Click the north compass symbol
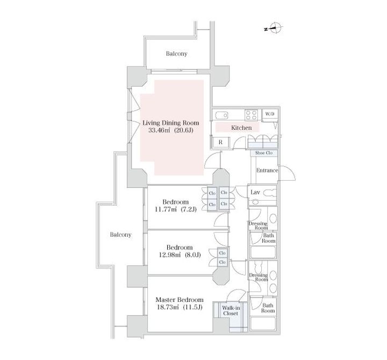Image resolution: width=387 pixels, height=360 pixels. point(274,28)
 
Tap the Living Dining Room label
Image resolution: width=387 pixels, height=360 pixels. point(171,123)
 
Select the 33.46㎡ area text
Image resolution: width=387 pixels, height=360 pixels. point(159,130)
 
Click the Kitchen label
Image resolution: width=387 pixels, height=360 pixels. point(241,128)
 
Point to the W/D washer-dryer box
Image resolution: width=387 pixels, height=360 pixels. point(270,114)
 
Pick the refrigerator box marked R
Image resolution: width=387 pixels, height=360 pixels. point(220,142)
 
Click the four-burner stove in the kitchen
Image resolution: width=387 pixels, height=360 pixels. point(251,115)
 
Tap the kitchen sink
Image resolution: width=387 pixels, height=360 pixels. point(221,115)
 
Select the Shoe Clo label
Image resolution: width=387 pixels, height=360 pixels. point(263,153)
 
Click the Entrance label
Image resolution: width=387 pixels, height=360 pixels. point(267,170)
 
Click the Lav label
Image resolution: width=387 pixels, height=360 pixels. point(255,192)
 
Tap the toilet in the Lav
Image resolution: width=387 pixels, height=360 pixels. point(269,193)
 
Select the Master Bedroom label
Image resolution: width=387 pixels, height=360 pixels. point(180,300)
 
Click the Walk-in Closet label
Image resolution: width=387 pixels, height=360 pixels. point(231,310)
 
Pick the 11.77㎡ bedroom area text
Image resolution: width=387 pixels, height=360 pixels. point(166,209)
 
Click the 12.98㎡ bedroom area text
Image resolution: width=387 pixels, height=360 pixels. point(170,255)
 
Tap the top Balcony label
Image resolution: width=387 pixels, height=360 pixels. point(176,54)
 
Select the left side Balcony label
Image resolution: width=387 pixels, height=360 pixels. point(121,235)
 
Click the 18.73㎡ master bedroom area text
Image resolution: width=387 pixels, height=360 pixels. point(168,307)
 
